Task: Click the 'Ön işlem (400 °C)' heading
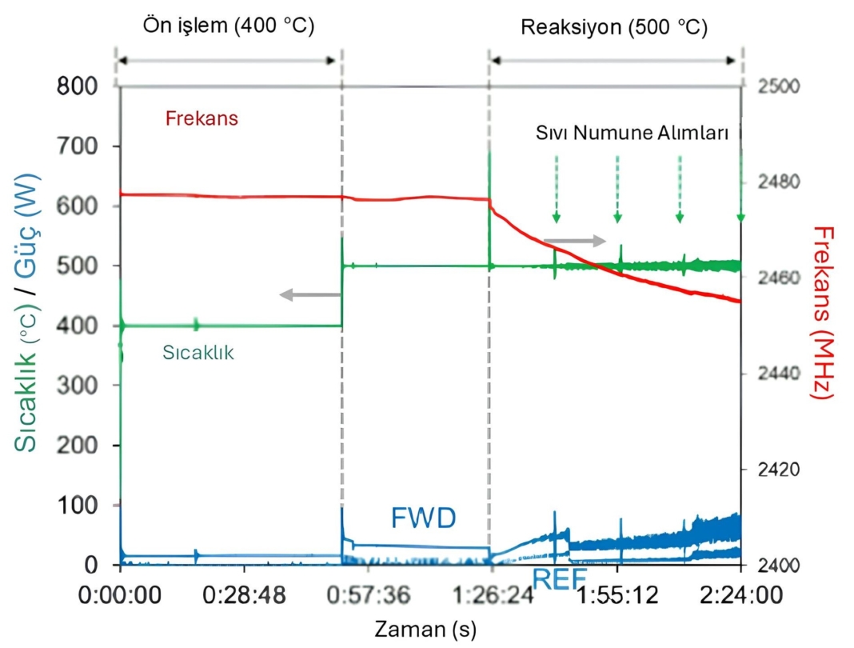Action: [229, 26]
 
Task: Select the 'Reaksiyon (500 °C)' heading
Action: [613, 27]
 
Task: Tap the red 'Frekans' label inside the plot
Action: [202, 119]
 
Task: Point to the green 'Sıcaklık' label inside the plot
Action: [198, 352]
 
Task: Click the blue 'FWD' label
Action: [424, 518]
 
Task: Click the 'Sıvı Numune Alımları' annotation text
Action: [632, 134]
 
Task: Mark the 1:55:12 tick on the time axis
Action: [617, 597]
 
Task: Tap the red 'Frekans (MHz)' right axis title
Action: [824, 313]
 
